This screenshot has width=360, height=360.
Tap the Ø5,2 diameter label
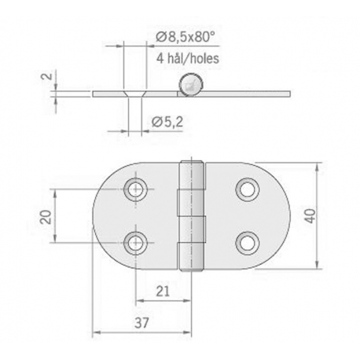(167, 120)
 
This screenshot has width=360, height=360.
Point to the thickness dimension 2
(50, 79)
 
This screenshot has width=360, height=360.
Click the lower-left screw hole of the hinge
(136, 241)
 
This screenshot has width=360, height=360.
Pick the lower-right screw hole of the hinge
(247, 241)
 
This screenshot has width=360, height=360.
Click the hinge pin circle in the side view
(189, 85)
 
